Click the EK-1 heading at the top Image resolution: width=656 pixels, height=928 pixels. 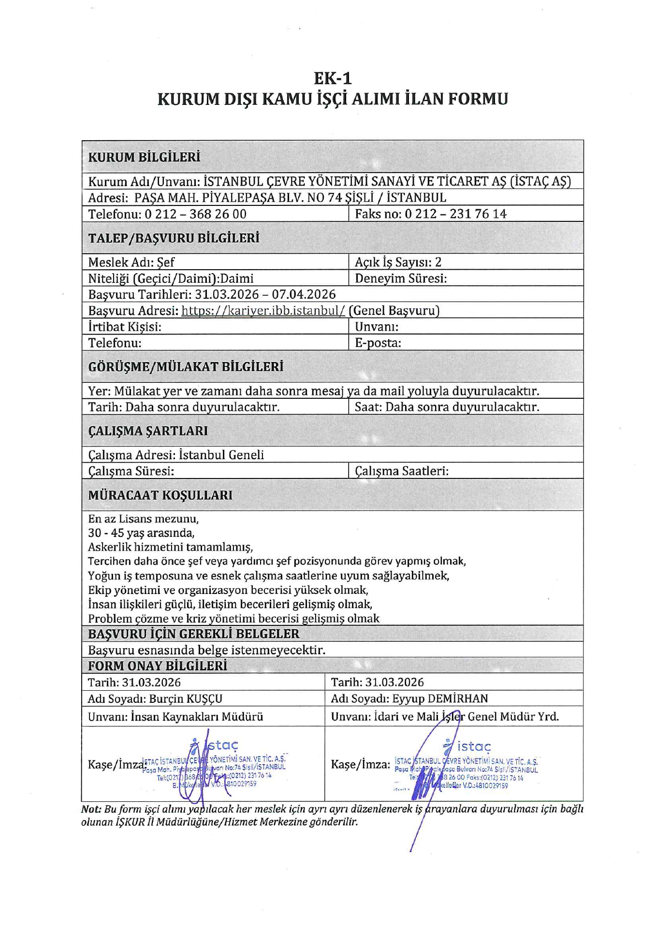(x=333, y=78)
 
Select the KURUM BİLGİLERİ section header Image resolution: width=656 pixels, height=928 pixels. (x=144, y=157)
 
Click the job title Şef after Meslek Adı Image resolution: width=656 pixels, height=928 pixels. (x=165, y=262)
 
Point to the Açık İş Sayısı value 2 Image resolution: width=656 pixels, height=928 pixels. (x=438, y=262)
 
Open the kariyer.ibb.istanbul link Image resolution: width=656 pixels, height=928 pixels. (x=263, y=311)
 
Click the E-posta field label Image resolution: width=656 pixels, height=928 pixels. (x=378, y=343)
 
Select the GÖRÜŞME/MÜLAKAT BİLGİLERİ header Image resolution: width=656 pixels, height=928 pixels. (x=186, y=366)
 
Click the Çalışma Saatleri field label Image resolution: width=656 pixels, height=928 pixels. (x=402, y=471)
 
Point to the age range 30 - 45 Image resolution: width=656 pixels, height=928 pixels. (x=106, y=533)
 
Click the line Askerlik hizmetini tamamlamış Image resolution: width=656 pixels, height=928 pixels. (x=170, y=547)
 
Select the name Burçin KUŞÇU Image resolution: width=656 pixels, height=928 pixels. (x=186, y=698)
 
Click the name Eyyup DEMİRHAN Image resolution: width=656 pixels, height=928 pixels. (x=440, y=698)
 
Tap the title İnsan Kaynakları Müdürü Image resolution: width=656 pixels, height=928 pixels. (x=197, y=716)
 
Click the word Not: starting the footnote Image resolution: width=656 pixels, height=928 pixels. (x=91, y=809)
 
